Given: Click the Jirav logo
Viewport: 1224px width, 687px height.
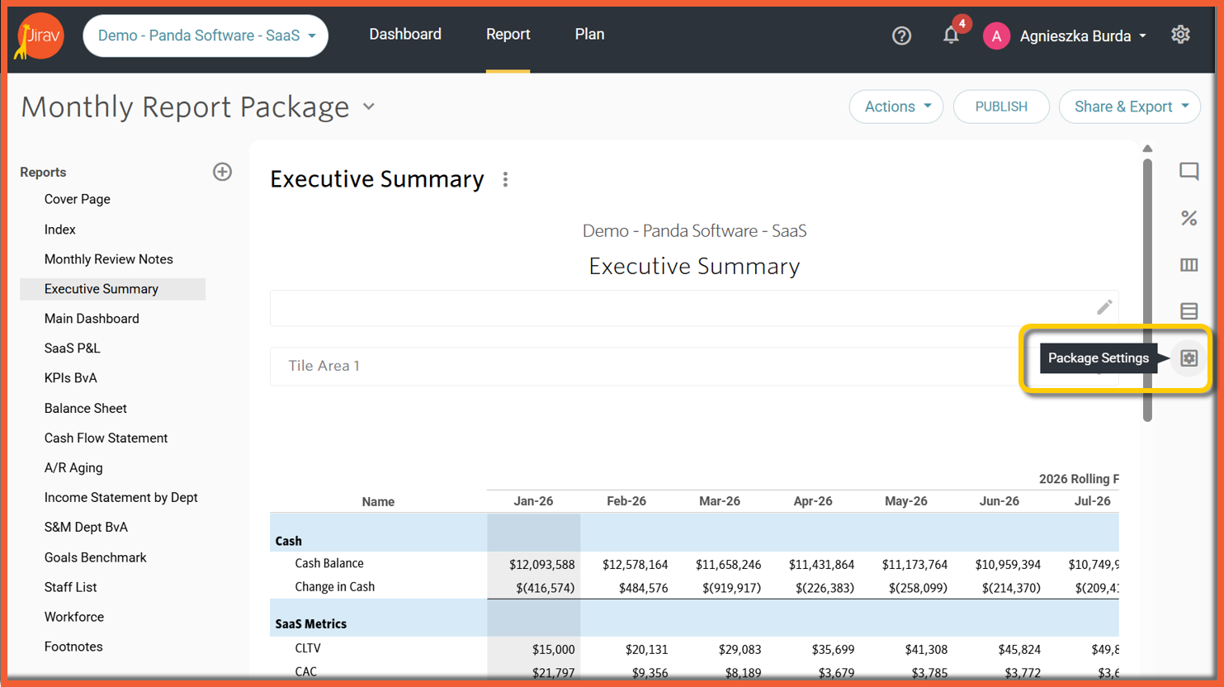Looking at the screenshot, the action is (40, 36).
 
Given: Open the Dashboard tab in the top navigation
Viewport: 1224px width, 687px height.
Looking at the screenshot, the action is (405, 35).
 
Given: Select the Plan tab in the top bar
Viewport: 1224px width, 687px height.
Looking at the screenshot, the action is (589, 35).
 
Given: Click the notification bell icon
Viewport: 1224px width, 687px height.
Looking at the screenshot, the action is (951, 36).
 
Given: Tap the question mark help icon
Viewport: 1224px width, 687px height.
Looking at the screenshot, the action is (901, 36).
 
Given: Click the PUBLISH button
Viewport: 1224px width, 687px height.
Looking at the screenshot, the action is (1001, 107).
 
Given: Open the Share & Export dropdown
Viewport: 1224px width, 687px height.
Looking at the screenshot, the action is (1129, 107).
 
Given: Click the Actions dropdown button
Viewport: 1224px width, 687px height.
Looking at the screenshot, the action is (896, 107).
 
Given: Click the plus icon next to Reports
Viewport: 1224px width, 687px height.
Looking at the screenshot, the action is (222, 172).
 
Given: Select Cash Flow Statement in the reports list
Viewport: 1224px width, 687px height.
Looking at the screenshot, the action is (106, 438).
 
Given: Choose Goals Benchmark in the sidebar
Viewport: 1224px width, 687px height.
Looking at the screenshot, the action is (95, 557).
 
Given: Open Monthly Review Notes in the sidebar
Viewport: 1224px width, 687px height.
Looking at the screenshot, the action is (109, 259).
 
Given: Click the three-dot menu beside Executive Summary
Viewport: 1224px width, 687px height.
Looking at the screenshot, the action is (505, 179).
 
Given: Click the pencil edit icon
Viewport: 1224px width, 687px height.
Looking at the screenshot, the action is (1104, 307).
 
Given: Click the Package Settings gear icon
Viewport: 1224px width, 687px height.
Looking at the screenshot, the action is (1189, 358).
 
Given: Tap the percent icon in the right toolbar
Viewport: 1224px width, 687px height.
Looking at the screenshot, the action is (1189, 218).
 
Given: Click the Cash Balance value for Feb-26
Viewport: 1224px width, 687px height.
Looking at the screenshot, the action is (635, 564).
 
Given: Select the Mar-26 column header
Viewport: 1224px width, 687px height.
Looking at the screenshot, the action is (720, 500).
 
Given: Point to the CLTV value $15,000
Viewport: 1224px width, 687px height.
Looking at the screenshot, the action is (554, 649).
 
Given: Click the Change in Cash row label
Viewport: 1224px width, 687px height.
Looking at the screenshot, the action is (335, 586).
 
